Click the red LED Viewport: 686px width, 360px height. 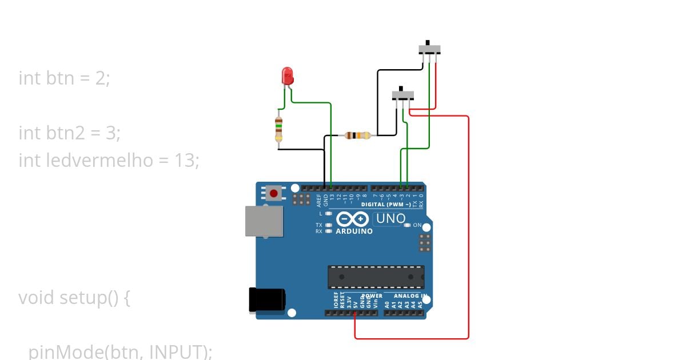288,75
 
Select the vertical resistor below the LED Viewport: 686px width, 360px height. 278,129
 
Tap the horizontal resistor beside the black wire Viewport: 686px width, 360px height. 358,135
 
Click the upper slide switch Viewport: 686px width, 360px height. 430,48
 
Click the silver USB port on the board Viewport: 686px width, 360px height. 264,221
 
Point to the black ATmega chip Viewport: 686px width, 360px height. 376,277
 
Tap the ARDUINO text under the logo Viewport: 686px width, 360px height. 354,231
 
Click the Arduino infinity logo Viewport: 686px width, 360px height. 353,219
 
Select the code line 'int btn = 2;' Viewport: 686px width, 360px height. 64,78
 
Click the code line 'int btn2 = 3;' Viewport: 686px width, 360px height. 69,133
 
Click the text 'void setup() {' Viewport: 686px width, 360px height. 74,298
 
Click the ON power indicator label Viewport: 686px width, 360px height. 417,225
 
